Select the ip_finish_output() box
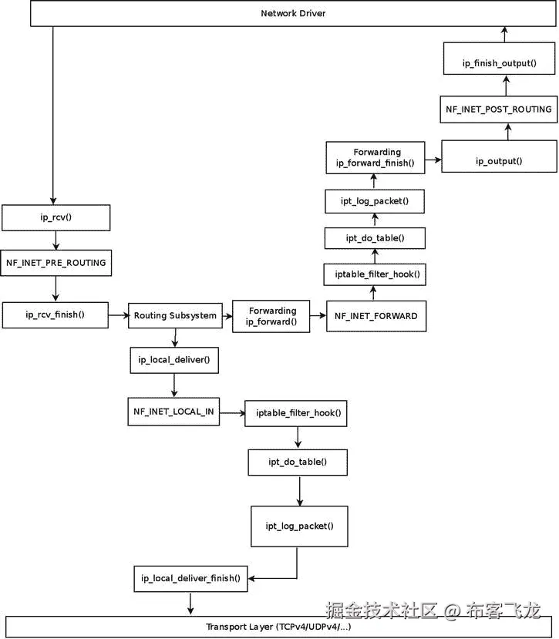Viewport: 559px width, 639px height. coord(499,62)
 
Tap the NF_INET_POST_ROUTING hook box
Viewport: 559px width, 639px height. coord(499,109)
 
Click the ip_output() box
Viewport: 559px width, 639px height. coord(499,161)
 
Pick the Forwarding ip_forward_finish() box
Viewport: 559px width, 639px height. coord(374,157)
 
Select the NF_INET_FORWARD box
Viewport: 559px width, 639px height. coord(375,315)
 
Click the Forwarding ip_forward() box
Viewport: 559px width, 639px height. coord(271,316)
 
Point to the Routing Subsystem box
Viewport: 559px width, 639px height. coord(175,315)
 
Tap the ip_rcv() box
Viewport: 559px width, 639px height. coord(56,217)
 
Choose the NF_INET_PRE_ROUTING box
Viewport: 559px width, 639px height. coord(56,262)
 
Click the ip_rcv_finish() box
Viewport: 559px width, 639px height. coord(56,314)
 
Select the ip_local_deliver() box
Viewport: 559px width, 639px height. coord(174,359)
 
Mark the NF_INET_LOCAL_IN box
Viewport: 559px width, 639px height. coord(173,411)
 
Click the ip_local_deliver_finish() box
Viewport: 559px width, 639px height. coord(190,578)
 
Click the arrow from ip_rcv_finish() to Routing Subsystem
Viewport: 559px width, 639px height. coord(118,315)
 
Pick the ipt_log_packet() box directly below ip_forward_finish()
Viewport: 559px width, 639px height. coord(374,201)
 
